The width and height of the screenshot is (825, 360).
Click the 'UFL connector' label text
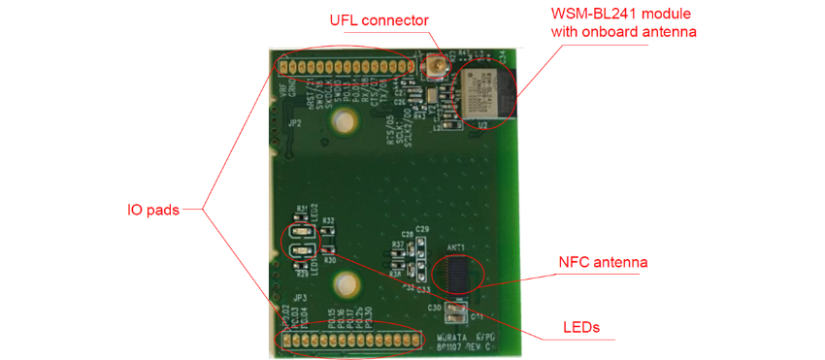click(x=379, y=19)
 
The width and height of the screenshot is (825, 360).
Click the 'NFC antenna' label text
click(x=603, y=262)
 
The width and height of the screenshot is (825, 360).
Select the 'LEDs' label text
click(x=581, y=327)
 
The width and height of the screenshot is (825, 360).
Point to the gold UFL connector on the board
click(x=436, y=68)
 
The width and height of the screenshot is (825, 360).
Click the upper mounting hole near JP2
click(x=343, y=122)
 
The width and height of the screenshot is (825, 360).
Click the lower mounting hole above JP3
click(x=343, y=284)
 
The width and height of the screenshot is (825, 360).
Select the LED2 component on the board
click(x=302, y=234)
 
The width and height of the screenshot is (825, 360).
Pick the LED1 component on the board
click(x=302, y=254)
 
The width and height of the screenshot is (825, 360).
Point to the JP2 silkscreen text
click(x=294, y=125)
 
